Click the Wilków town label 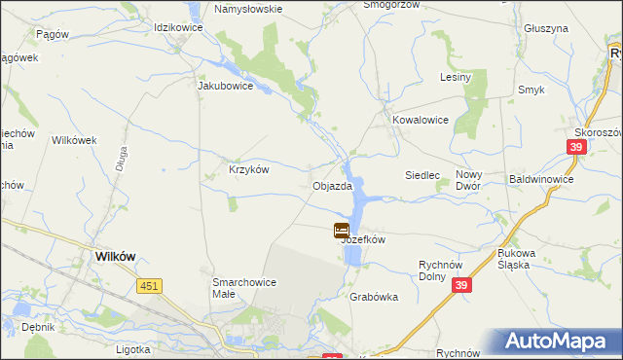click(115, 256)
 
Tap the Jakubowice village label click(225, 86)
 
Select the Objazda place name click(331, 186)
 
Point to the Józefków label click(364, 239)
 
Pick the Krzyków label click(248, 168)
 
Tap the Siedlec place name click(422, 175)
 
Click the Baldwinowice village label click(541, 180)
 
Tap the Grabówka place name click(375, 298)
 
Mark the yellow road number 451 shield click(149, 285)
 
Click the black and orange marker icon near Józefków click(342, 231)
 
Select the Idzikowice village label click(178, 26)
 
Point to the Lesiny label click(456, 77)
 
